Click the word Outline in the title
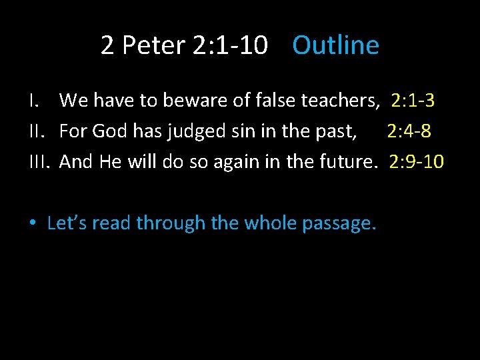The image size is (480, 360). [335, 45]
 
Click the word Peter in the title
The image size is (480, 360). [153, 45]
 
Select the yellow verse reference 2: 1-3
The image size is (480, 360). [413, 101]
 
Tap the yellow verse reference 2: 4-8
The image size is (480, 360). [409, 131]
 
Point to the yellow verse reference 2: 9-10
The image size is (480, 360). [416, 161]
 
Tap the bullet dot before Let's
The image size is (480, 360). [32, 223]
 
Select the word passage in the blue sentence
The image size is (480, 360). [339, 224]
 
